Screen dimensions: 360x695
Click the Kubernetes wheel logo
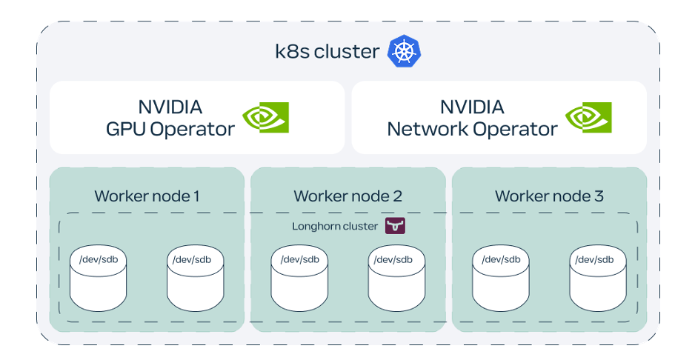(404, 52)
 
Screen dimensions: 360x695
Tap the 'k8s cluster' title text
(327, 52)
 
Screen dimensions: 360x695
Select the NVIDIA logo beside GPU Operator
(266, 117)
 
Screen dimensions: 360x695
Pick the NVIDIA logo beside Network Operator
(588, 117)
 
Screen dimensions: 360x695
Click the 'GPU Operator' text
(170, 129)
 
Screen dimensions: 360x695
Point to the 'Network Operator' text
(472, 129)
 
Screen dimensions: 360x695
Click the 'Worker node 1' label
(147, 196)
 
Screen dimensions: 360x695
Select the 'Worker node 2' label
(347, 196)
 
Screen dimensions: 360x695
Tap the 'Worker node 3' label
(549, 196)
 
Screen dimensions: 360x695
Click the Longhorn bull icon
(396, 226)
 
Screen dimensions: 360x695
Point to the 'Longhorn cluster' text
(335, 226)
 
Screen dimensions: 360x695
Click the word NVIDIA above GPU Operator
(170, 107)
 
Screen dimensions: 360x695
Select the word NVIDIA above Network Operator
(472, 107)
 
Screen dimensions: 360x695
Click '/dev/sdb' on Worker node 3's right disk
(594, 259)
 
